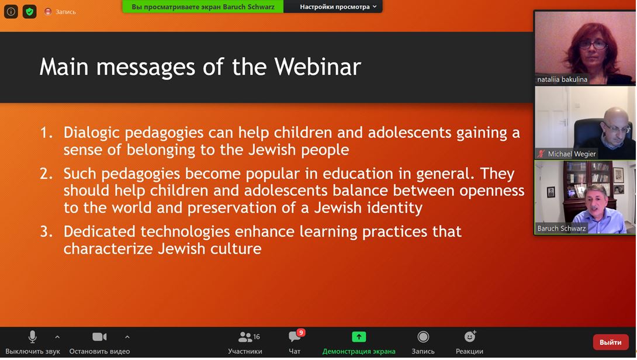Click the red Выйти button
pos(611,342)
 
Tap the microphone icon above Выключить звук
pos(33,337)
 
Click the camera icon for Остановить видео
pos(99,337)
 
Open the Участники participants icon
pos(245,337)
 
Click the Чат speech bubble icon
pos(294,337)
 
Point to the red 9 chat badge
pos(301,333)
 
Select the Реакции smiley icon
pos(470,337)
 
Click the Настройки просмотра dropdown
pos(338,6)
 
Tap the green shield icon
pos(30,12)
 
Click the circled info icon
pos(11,12)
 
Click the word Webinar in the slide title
pos(318,67)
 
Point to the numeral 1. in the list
pos(46,133)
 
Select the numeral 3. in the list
pos(46,231)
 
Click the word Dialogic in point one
pos(91,133)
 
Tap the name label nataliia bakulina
pos(562,79)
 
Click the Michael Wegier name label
pos(572,154)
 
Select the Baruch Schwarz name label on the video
pos(562,229)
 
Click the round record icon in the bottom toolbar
pos(423,337)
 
